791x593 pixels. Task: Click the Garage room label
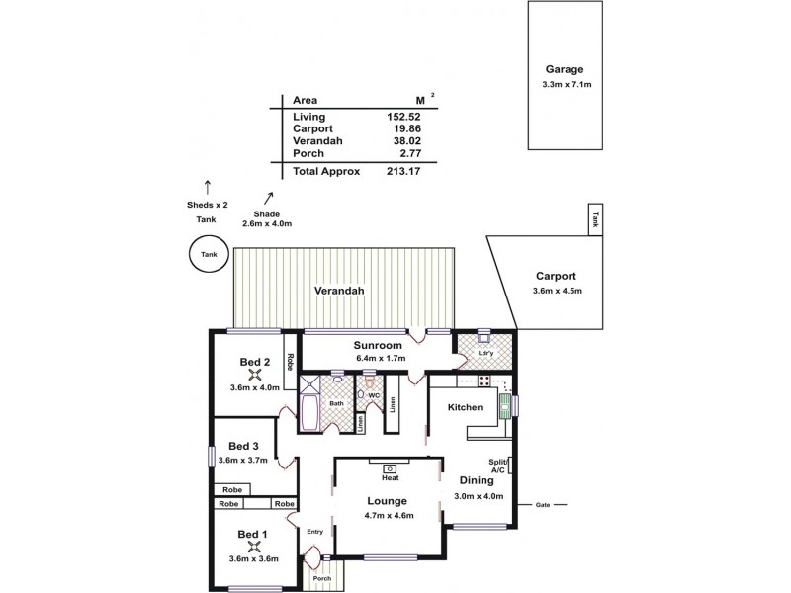[565, 70]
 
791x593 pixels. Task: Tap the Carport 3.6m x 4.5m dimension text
[556, 291]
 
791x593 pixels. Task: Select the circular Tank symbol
[208, 254]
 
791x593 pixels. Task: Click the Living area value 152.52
[404, 116]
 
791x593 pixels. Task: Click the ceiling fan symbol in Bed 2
[256, 374]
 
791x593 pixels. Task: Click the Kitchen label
[465, 407]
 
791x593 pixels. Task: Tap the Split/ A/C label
[497, 466]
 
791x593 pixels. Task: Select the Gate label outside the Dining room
[542, 504]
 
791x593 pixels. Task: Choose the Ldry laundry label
[484, 352]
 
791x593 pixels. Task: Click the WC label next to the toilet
[375, 395]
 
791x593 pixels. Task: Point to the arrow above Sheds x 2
[208, 185]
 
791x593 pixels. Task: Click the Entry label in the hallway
[314, 532]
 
